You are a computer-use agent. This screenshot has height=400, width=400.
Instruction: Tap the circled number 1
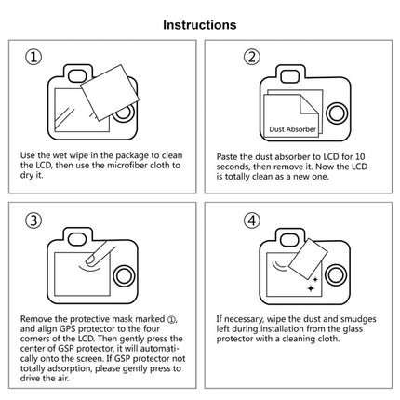pos(35,58)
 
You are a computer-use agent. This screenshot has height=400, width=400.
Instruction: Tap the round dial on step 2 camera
pos(338,113)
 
